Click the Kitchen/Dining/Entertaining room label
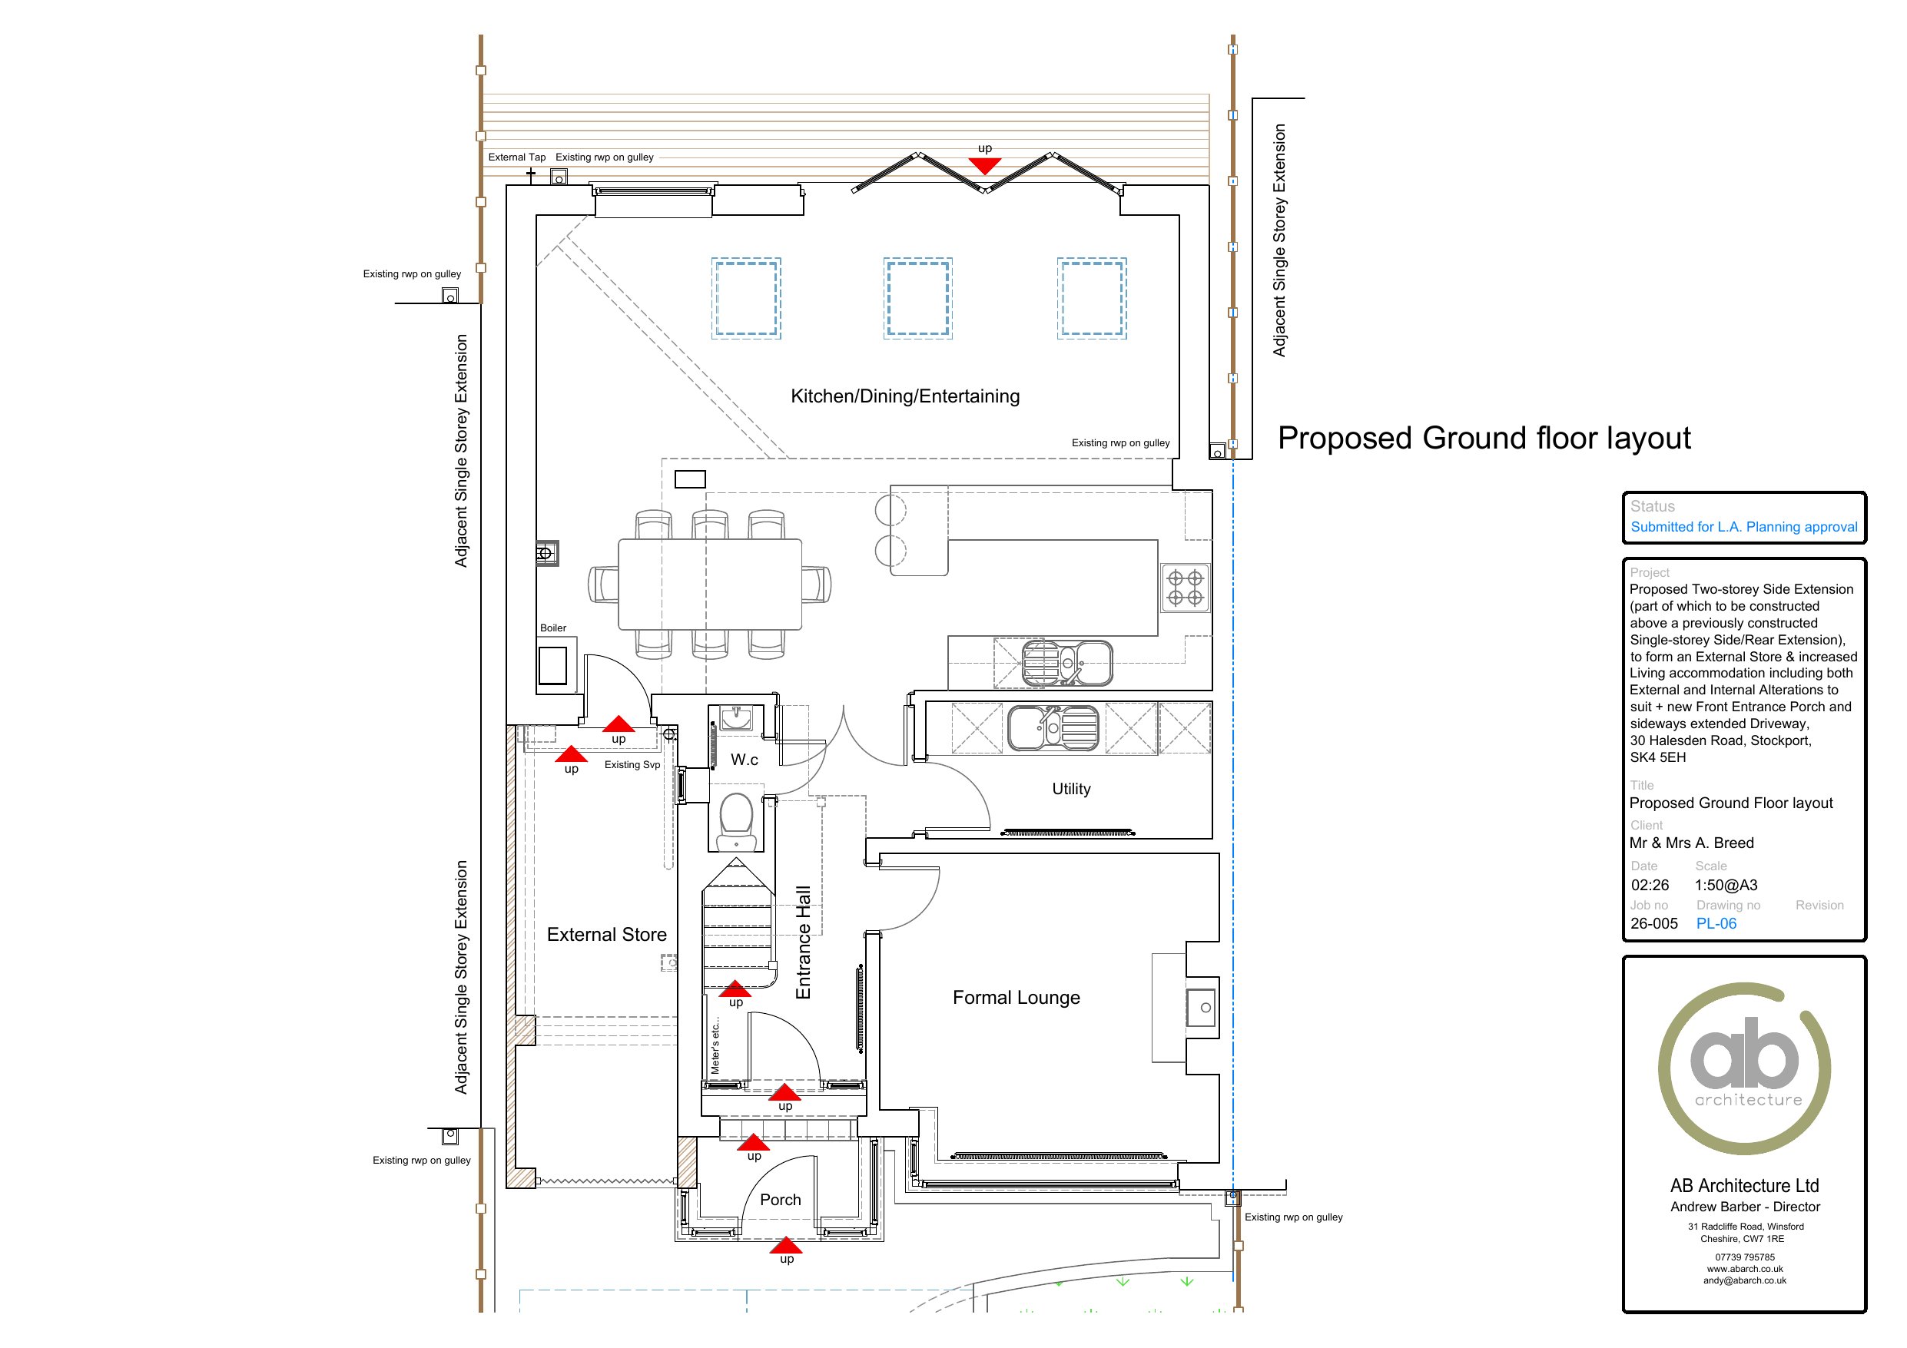904,396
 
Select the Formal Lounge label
1016,998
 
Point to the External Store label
606,934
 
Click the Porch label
781,1199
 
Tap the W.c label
745,759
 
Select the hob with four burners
1186,588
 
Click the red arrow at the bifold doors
984,166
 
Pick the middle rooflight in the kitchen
918,298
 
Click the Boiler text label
553,628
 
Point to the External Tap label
516,157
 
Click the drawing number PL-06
1716,923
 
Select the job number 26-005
1653,923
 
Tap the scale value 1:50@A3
1726,886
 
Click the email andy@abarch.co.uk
1744,1280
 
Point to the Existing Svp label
632,765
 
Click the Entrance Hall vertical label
803,942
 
